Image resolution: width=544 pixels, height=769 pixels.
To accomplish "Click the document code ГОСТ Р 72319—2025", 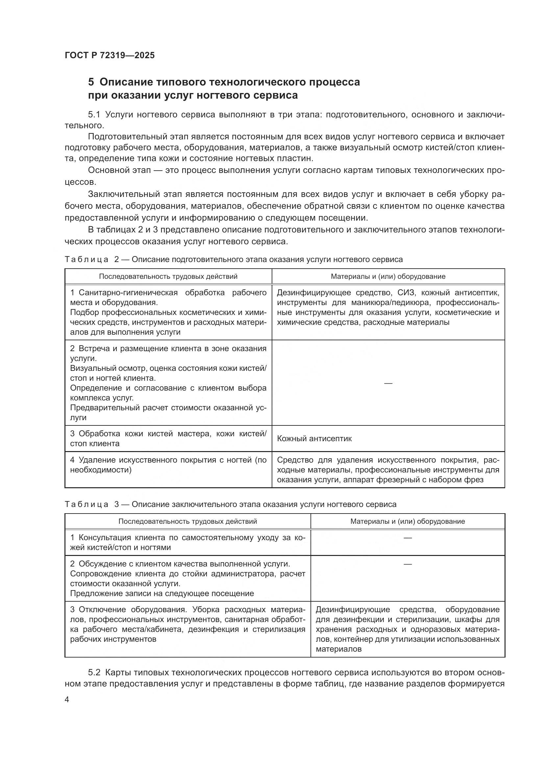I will pos(110,55).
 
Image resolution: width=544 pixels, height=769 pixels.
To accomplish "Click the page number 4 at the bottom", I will pos(67,700).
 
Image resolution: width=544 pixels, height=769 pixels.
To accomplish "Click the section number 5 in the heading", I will pos(91,82).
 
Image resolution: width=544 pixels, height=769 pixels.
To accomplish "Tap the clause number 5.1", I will pos(94,114).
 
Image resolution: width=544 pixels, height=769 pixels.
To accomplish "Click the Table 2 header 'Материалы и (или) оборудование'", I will pos(388,276).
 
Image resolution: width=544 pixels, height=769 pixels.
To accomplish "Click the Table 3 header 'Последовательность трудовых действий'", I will pos(187,521).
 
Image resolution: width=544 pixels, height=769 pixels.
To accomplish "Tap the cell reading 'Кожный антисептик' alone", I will pos(314,439).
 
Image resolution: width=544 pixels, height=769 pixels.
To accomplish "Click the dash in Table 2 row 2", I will pos(388,383).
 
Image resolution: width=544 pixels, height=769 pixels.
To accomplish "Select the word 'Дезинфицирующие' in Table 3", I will pos(353,609).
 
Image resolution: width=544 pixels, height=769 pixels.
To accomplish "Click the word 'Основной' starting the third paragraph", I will pos(107,170).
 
